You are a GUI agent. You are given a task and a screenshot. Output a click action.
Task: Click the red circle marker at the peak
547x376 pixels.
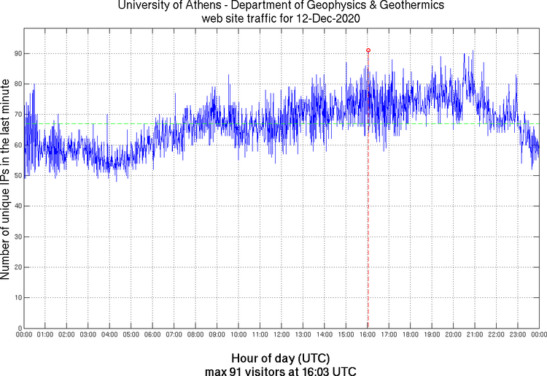(x=368, y=50)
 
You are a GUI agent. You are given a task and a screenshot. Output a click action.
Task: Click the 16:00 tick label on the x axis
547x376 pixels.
(x=367, y=334)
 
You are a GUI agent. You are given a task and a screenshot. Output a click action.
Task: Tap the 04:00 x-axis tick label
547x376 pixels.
(x=109, y=334)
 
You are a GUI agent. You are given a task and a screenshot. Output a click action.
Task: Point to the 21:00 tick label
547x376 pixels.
(x=475, y=334)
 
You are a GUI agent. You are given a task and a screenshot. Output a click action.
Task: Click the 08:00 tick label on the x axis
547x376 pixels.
(x=195, y=334)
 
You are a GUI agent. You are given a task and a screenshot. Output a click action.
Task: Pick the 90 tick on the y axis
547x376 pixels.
(x=16, y=54)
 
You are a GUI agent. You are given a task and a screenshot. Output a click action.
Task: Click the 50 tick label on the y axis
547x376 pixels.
(x=16, y=175)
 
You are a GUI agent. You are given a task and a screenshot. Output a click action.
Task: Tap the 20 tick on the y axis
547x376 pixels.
(x=16, y=267)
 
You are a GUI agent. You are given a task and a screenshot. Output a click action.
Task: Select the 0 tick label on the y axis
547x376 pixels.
(x=18, y=328)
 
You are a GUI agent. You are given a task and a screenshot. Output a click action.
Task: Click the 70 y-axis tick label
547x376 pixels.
(x=16, y=115)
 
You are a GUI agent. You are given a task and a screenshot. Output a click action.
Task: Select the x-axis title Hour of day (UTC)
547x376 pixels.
(x=281, y=358)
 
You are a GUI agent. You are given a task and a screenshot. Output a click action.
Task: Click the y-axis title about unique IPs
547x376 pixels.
(x=7, y=179)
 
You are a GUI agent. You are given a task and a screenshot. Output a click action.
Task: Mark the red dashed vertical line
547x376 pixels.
(x=368, y=219)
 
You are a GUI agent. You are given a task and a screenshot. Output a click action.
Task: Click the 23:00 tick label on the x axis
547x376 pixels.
(x=518, y=334)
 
